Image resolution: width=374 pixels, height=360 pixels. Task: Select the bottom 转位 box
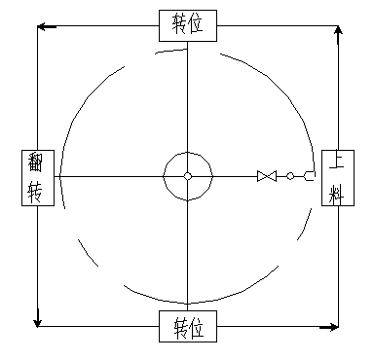coord(188,326)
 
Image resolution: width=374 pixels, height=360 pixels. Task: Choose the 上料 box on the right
coord(335,177)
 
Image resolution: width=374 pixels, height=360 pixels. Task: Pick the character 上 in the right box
coord(335,162)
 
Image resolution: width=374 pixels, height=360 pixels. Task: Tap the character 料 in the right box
coord(335,193)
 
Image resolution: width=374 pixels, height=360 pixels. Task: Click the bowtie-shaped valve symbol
coord(267,176)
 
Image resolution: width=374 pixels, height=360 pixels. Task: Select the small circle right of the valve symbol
coord(290,176)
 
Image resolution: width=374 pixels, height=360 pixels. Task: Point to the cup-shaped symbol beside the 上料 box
coord(309,176)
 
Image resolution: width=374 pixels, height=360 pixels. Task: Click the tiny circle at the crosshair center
coord(188,176)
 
